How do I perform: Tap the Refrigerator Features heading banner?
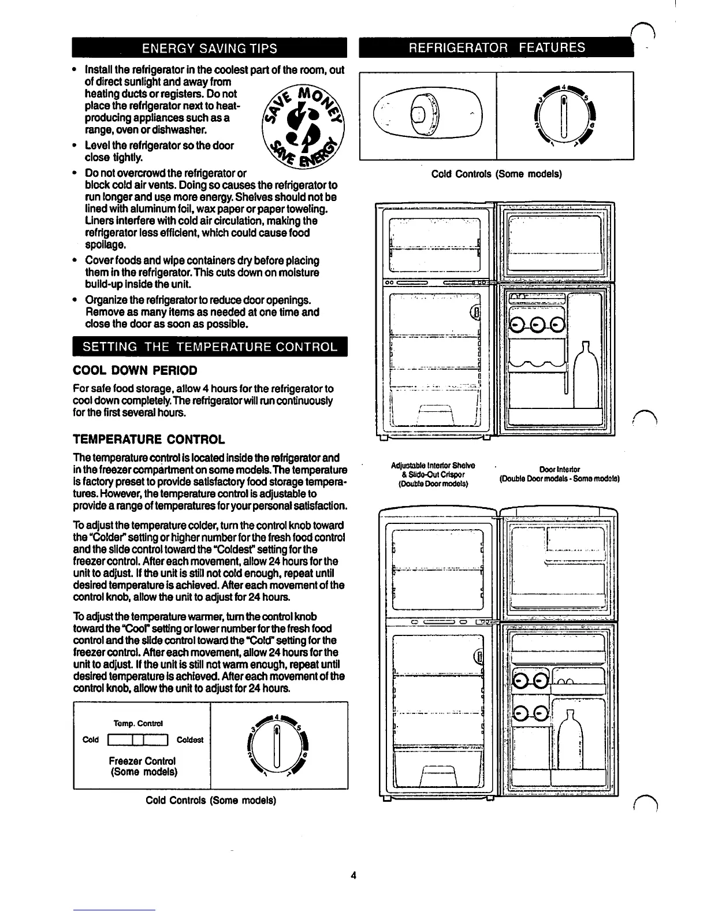tap(500, 47)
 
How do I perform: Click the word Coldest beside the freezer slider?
tap(189, 740)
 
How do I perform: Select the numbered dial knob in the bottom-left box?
tap(278, 745)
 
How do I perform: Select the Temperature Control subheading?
tap(149, 440)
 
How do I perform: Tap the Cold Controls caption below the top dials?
tap(497, 173)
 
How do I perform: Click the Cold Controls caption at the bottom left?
tap(211, 801)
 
